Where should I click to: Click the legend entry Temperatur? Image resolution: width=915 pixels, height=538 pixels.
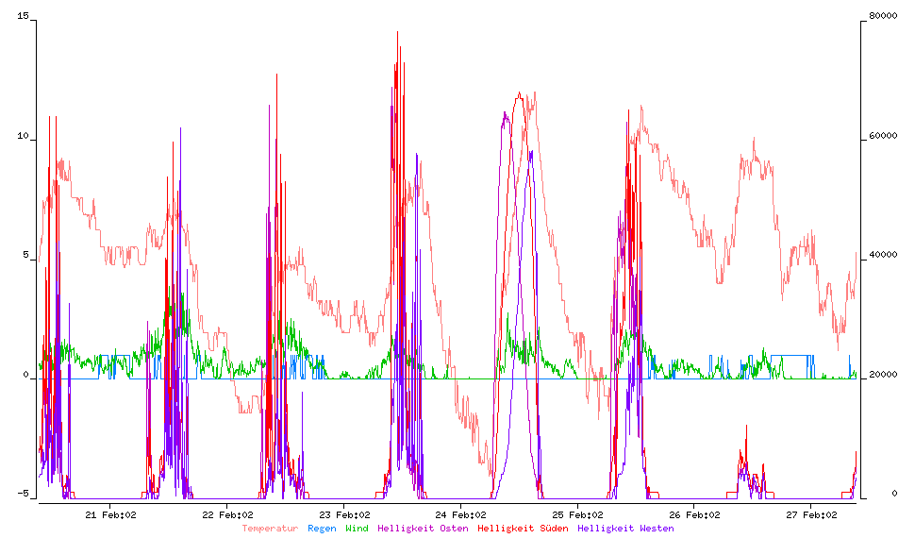coord(270,529)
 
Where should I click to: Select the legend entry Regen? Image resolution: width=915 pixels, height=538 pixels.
coord(322,529)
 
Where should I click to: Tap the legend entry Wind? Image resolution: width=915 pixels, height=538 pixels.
coord(357,529)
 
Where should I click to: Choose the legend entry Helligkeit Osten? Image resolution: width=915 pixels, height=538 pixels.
coord(423,529)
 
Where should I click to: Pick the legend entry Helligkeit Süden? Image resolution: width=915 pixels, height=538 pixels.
coord(523,529)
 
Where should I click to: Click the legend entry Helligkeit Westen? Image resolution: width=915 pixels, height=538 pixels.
coord(625,529)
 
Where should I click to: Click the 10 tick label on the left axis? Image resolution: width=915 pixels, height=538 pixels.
coord(24,138)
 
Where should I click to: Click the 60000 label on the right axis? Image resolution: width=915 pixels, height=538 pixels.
coord(883,138)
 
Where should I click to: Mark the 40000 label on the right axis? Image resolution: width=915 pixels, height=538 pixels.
coord(883,257)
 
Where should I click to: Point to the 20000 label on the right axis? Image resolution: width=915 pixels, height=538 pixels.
coord(883,376)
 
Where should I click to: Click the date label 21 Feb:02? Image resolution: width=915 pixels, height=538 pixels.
coord(111,514)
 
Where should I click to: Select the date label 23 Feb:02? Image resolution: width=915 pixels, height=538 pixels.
coord(345,514)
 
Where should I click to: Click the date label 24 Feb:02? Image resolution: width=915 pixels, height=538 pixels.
coord(462,514)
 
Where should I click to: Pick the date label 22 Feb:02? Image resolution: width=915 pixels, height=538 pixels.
coord(228,514)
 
